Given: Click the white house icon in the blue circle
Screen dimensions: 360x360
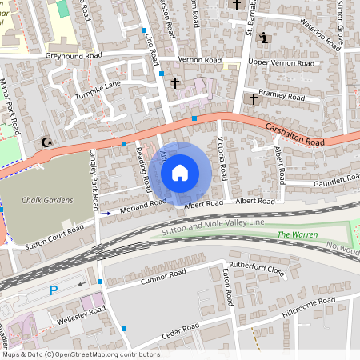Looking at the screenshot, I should coord(180,172).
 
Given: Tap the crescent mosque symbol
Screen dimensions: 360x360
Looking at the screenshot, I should coord(46,142).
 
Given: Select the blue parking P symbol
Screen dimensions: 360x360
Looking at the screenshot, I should coord(54,290).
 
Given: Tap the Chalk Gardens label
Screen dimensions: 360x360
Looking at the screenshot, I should coord(48,200).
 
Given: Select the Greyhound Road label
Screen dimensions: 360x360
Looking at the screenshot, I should coord(74,56).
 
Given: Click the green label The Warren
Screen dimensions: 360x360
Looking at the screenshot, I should coord(297,235).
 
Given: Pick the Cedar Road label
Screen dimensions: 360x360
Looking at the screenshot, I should coord(180,329).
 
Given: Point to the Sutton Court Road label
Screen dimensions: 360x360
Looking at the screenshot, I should coord(54,235).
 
